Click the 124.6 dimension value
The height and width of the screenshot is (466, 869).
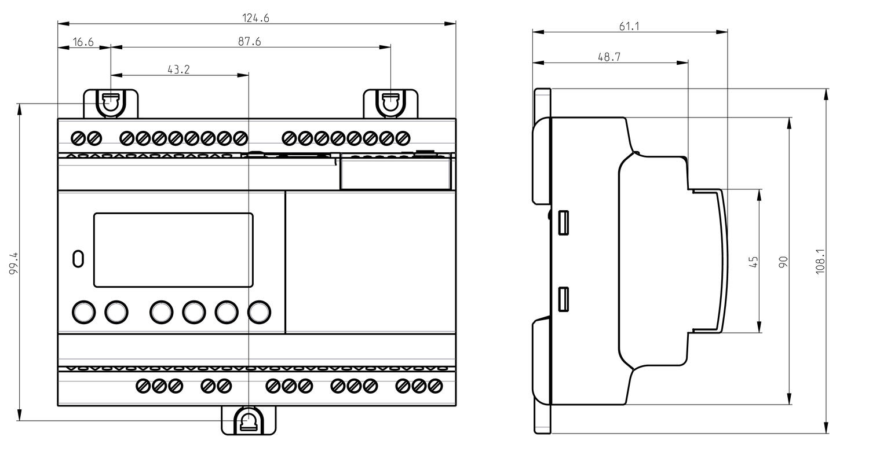point(255,18)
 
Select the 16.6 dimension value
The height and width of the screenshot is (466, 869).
point(83,42)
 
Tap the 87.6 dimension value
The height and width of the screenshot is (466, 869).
point(249,42)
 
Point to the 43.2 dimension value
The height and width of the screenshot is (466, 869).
point(178,69)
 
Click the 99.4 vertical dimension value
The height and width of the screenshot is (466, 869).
point(14,263)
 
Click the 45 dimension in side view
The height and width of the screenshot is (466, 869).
point(754,262)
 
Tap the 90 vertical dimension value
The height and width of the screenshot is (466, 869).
point(783,262)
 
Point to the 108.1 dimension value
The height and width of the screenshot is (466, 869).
point(820,262)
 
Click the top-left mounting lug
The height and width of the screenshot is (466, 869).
point(111,104)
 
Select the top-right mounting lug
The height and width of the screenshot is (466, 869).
point(390,104)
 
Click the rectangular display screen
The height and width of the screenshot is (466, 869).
point(173,250)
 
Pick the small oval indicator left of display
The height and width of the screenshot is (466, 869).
point(78,259)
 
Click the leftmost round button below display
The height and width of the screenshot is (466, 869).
point(83,311)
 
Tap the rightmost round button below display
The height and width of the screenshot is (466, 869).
point(259,311)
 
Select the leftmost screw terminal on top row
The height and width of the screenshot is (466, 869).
point(78,138)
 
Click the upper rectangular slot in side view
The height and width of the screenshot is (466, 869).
point(563,223)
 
